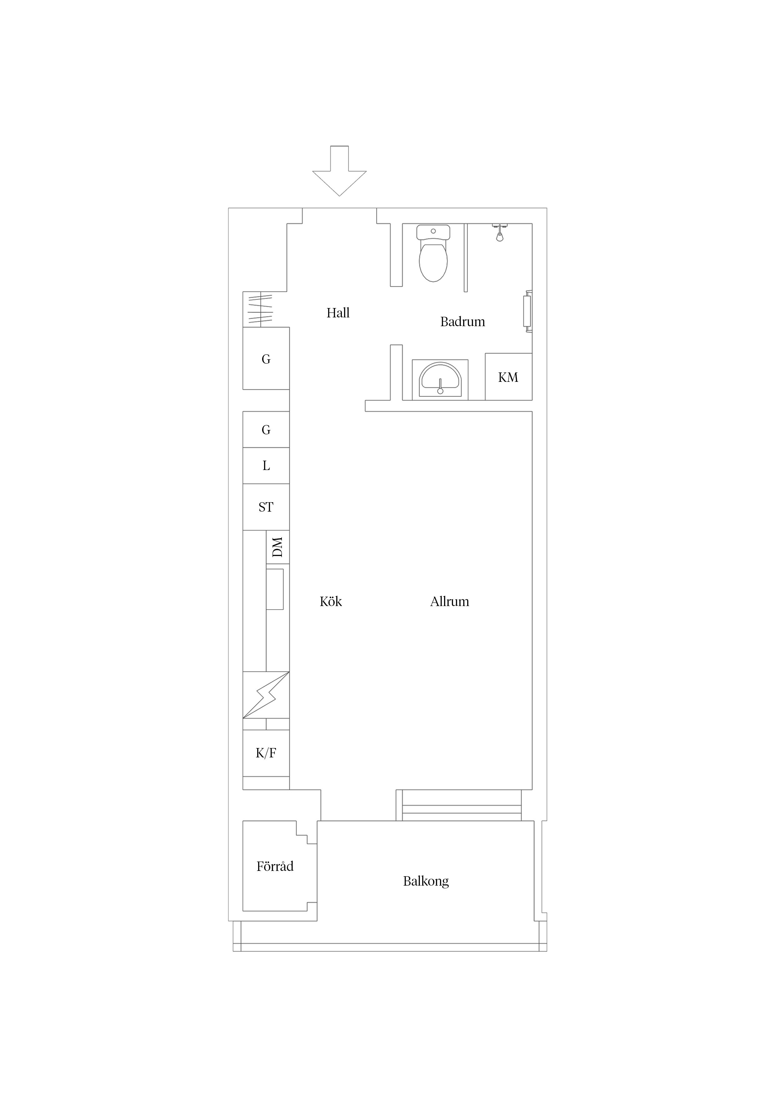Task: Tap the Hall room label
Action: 338,313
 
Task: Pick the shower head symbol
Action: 499,233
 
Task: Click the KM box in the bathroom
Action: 508,377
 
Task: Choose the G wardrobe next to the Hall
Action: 266,358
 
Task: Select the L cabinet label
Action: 266,466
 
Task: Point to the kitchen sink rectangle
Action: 275,589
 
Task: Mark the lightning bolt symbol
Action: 266,695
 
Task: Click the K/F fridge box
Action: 266,753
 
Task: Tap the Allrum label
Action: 450,602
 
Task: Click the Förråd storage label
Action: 275,866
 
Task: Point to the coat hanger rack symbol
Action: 260,310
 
